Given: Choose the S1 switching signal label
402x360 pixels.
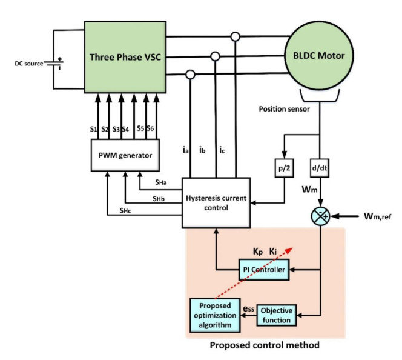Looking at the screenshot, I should (94, 128).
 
